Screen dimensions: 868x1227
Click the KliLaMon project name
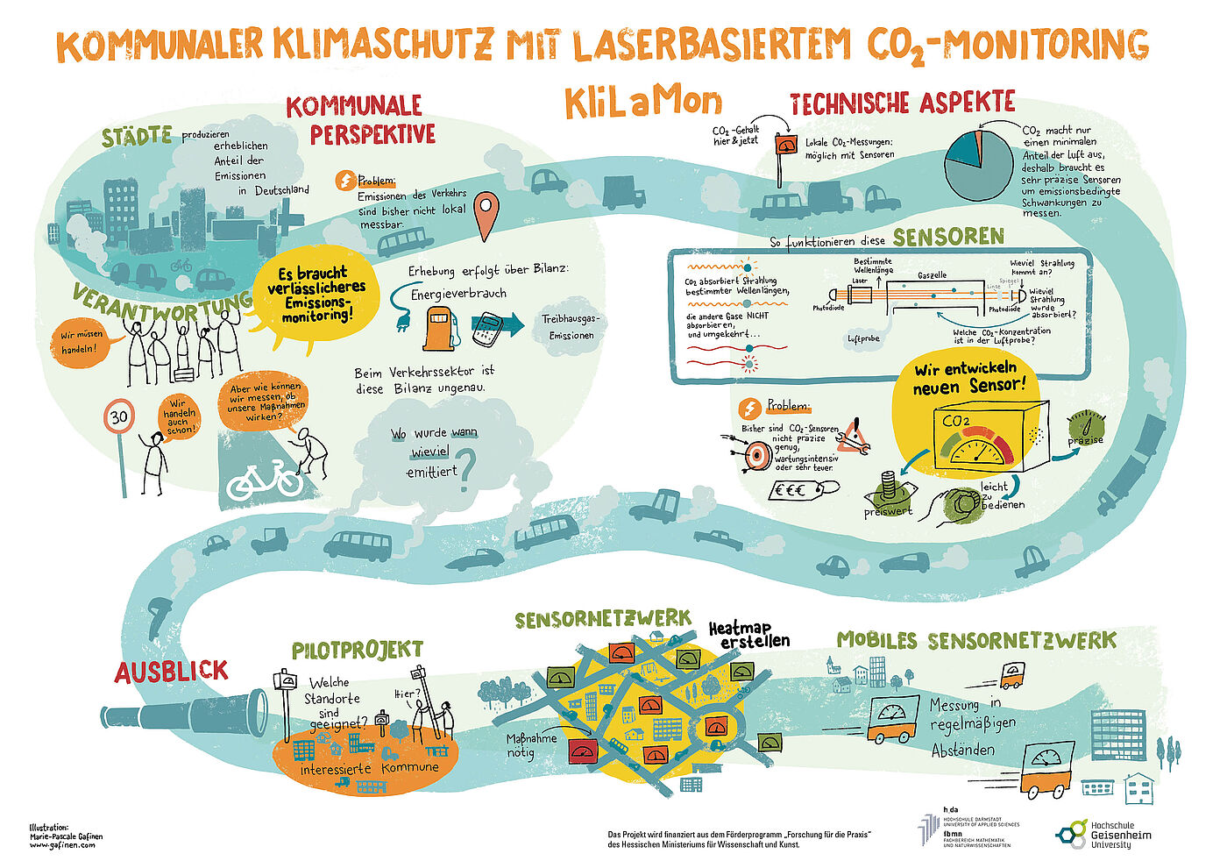(x=642, y=103)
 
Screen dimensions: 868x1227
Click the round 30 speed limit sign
(x=119, y=416)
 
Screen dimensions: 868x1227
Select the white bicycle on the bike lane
(x=264, y=479)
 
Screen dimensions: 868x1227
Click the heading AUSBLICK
(x=172, y=672)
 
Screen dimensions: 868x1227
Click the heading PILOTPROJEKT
(x=357, y=651)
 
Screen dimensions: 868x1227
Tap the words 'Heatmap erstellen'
(x=748, y=635)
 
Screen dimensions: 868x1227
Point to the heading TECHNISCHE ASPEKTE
(x=902, y=103)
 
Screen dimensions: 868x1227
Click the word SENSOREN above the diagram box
(x=947, y=237)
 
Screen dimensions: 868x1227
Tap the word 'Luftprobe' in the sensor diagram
(x=863, y=338)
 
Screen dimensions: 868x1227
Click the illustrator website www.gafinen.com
(x=62, y=845)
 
